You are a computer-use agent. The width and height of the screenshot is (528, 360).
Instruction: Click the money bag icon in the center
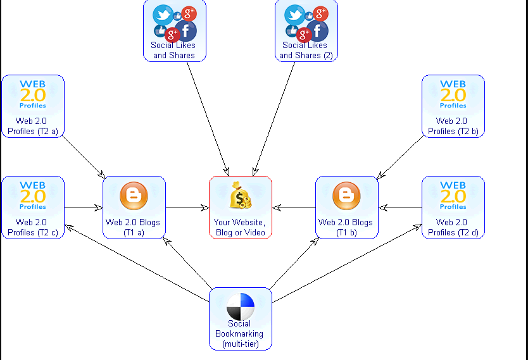(x=241, y=196)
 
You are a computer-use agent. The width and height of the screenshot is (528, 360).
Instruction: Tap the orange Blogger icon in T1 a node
(x=134, y=195)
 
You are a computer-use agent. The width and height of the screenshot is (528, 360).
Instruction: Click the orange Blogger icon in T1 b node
(x=346, y=195)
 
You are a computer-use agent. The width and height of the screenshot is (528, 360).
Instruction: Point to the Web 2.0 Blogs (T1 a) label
(x=133, y=227)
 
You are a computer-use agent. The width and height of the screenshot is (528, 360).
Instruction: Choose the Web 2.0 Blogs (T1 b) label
(x=346, y=227)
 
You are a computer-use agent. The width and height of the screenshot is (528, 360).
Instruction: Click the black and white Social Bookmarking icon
(x=241, y=306)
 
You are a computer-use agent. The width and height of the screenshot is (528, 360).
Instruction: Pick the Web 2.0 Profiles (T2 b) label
(x=452, y=126)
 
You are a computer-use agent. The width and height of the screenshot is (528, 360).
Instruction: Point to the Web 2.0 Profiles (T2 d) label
(x=452, y=227)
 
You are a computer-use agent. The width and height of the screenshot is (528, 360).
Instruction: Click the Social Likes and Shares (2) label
(x=305, y=50)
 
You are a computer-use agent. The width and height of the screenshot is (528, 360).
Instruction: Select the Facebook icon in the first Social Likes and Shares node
(x=186, y=30)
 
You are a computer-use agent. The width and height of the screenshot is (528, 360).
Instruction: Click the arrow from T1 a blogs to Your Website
(x=187, y=208)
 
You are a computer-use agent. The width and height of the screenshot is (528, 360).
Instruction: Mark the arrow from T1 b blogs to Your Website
(x=294, y=208)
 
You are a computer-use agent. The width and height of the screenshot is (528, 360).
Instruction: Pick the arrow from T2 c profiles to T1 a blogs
(x=84, y=208)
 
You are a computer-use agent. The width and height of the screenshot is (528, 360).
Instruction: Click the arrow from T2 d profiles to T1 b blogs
(x=400, y=208)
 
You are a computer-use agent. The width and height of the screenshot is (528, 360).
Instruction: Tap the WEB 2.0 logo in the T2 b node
(x=453, y=94)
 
